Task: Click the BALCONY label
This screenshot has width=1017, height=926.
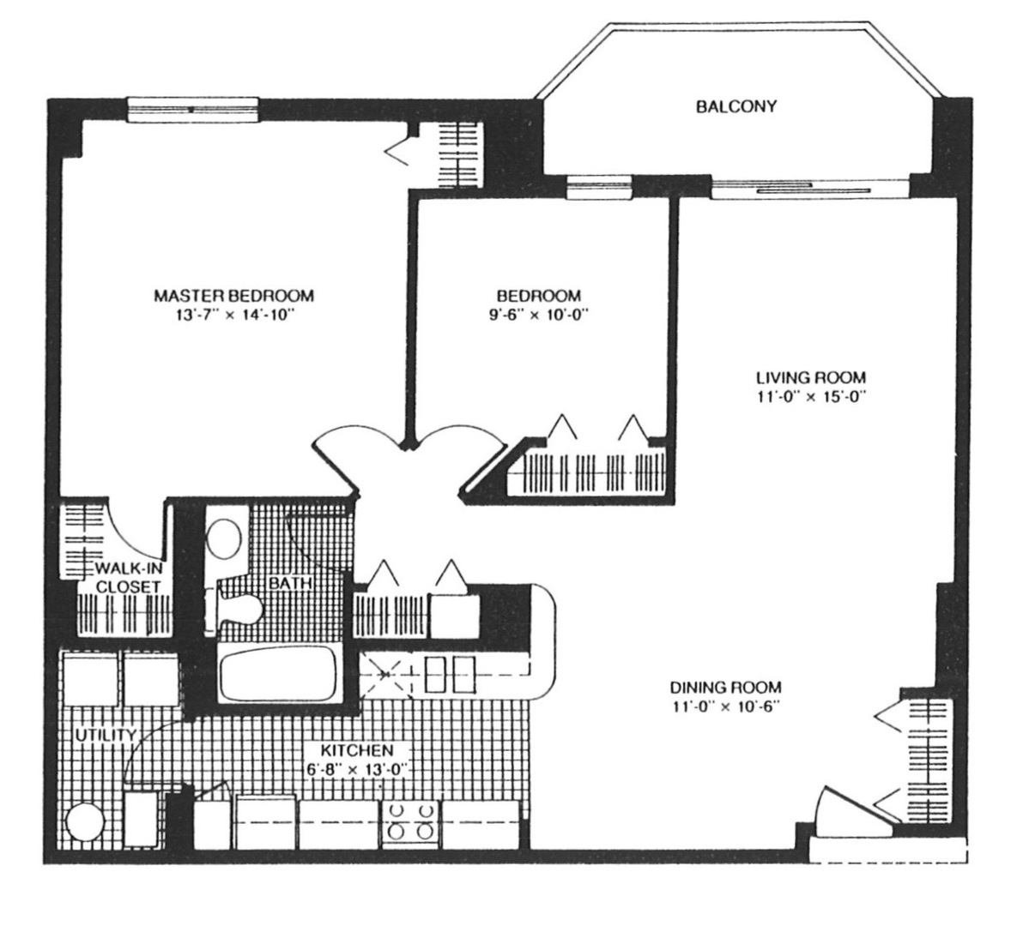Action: pyautogui.click(x=736, y=106)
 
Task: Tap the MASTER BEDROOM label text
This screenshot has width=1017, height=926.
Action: pyautogui.click(x=233, y=296)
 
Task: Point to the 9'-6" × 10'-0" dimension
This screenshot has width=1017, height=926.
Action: pyautogui.click(x=538, y=316)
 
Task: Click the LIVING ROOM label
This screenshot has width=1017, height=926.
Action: pyautogui.click(x=811, y=377)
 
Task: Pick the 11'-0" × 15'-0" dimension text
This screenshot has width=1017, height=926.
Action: pyautogui.click(x=811, y=397)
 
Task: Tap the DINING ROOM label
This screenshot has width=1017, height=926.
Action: pyautogui.click(x=725, y=687)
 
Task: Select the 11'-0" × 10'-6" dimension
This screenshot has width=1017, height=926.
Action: pyautogui.click(x=725, y=707)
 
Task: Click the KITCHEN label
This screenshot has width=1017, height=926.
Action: pyautogui.click(x=357, y=750)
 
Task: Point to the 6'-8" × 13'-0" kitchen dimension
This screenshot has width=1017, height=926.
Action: pyautogui.click(x=357, y=770)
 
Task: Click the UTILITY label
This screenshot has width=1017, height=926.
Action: pyautogui.click(x=106, y=736)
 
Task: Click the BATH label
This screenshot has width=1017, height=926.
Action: pyautogui.click(x=290, y=583)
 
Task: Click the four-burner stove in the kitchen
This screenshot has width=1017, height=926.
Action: pyautogui.click(x=410, y=823)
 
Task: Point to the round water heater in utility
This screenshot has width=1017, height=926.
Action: pyautogui.click(x=85, y=822)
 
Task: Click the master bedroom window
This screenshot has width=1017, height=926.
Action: pyautogui.click(x=192, y=110)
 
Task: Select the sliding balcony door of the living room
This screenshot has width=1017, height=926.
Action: pyautogui.click(x=811, y=189)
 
